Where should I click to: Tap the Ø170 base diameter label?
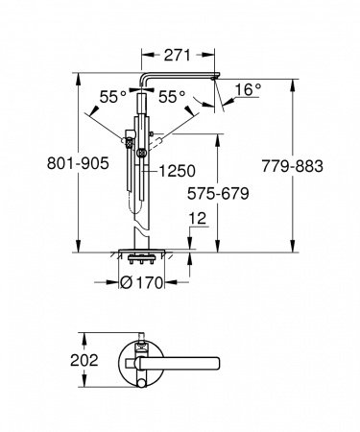tap(149, 282)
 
